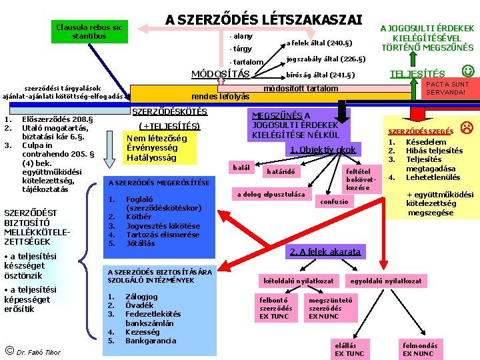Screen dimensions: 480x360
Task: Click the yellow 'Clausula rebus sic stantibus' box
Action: tap(89, 31)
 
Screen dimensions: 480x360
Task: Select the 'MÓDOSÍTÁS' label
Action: tap(220, 73)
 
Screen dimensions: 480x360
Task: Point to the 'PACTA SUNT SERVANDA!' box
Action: tap(447, 89)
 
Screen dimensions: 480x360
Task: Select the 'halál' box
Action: tap(239, 167)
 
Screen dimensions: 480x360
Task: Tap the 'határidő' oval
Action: tap(281, 172)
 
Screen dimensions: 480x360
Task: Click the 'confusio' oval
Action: tap(334, 201)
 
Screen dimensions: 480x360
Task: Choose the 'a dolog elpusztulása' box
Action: tap(271, 195)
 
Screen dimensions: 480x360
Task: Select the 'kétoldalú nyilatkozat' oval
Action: tap(299, 281)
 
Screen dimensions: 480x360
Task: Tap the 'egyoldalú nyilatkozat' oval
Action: tap(395, 281)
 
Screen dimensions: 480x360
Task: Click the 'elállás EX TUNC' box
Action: tap(349, 349)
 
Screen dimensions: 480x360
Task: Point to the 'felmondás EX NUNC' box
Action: tap(420, 349)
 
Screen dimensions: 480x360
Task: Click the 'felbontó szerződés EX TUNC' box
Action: tap(276, 308)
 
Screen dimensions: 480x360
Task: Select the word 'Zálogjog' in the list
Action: tap(141, 297)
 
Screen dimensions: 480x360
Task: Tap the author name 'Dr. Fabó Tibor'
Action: tap(38, 352)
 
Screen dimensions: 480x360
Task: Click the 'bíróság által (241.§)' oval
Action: tap(320, 75)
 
